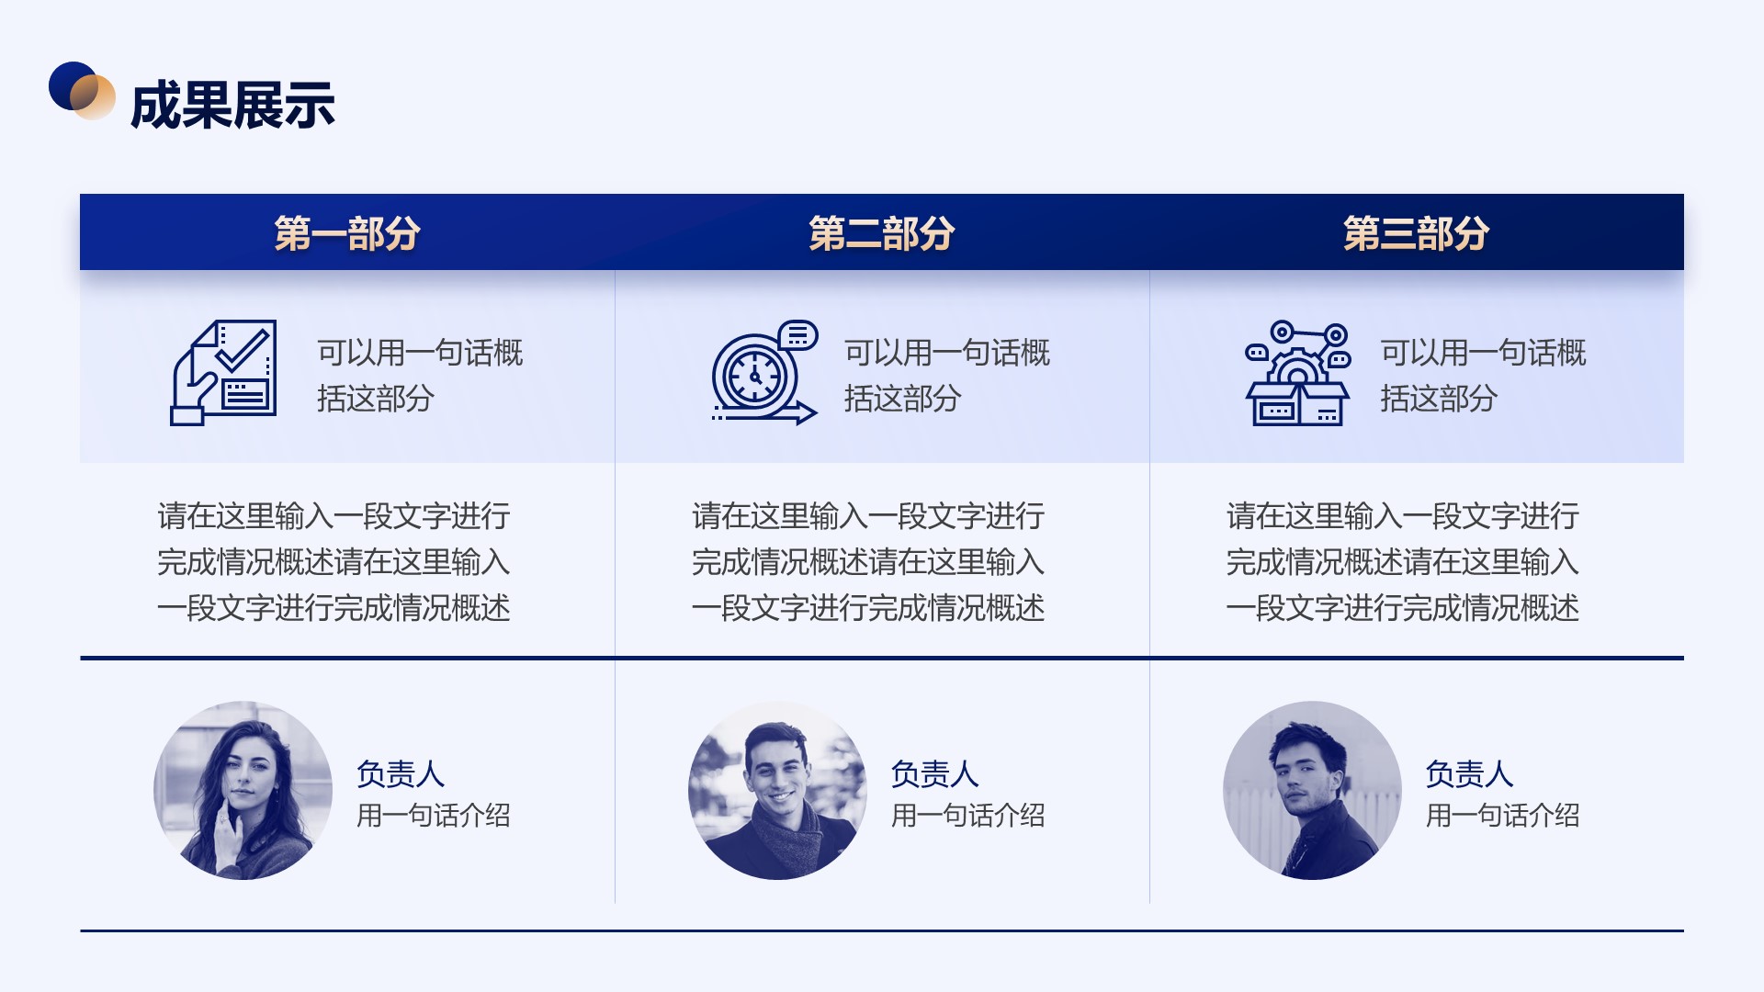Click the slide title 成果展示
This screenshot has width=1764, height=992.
point(232,105)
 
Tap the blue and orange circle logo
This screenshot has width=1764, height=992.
point(82,90)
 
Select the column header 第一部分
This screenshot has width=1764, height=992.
point(347,233)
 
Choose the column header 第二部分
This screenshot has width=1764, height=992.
point(882,233)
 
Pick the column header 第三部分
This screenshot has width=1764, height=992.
point(1416,233)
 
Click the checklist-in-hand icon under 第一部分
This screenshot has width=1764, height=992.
point(223,372)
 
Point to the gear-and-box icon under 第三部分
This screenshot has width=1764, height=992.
point(1297,372)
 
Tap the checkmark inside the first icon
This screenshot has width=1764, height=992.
point(243,348)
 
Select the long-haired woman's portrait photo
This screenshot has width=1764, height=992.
point(243,790)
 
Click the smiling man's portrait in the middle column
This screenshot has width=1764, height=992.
point(777,790)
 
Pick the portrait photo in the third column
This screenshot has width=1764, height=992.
point(1312,790)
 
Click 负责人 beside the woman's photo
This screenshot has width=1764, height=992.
point(401,774)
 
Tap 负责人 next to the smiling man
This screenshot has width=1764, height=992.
point(934,774)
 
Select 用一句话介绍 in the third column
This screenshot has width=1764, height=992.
point(1502,815)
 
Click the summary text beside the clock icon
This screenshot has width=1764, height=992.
point(947,375)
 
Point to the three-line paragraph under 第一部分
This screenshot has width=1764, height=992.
point(334,561)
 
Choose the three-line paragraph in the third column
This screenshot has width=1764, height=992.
point(1402,561)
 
